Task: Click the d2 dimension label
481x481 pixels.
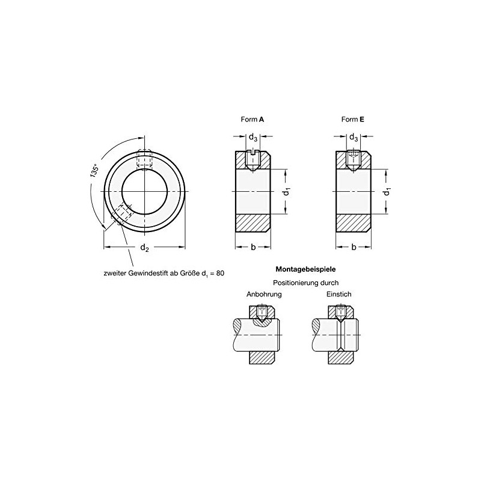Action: (x=144, y=248)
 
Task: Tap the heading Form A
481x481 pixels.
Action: (x=252, y=120)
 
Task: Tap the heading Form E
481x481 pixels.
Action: (x=353, y=120)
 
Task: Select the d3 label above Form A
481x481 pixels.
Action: (x=253, y=138)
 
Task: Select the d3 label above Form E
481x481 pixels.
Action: (x=354, y=138)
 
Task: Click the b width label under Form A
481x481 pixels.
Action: (x=253, y=247)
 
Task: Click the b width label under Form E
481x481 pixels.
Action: (x=354, y=247)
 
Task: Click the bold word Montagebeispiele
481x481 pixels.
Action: (x=305, y=270)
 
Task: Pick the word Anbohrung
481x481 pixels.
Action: (x=264, y=295)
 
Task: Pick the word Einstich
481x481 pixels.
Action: (x=340, y=295)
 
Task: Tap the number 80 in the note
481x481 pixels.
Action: (x=219, y=274)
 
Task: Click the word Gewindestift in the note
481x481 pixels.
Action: (x=148, y=274)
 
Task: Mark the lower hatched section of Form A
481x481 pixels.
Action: (x=253, y=223)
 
